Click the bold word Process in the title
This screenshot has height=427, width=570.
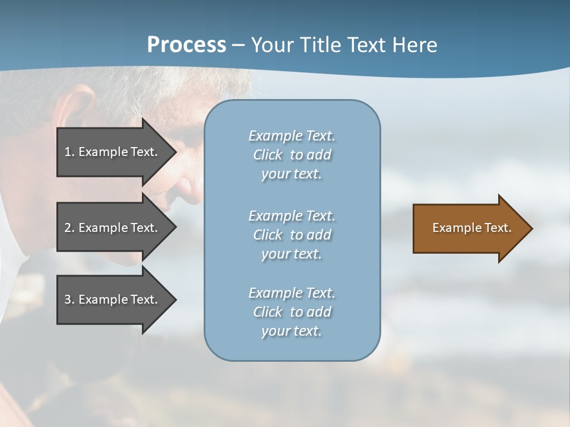pyautogui.click(x=186, y=45)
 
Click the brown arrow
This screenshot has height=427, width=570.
pyautogui.click(x=469, y=228)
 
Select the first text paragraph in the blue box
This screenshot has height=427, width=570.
pyautogui.click(x=292, y=155)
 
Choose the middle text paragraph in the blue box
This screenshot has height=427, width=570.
pyautogui.click(x=292, y=235)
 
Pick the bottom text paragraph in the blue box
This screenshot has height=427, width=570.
pyautogui.click(x=292, y=312)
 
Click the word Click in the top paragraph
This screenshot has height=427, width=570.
pyautogui.click(x=267, y=155)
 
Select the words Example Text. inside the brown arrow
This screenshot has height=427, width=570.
pyautogui.click(x=471, y=228)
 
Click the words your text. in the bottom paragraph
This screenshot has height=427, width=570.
pyautogui.click(x=292, y=332)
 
